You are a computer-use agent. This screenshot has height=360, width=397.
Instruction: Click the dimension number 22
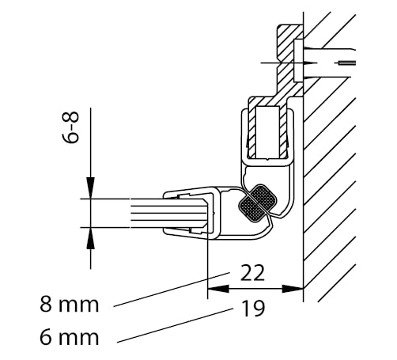coord(252,273)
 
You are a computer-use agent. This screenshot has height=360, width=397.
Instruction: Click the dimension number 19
coord(253,309)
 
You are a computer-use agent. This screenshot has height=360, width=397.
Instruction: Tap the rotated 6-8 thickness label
coord(71,127)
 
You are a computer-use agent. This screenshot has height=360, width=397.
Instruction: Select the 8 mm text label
coord(70,305)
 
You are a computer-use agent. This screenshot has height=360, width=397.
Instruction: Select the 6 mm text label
coord(70,337)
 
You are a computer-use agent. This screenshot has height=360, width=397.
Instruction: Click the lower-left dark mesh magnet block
coord(251,209)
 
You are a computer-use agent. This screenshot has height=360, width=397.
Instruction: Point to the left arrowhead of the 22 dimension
coord(218,289)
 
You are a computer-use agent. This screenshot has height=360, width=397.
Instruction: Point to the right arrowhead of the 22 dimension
coord(293,289)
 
